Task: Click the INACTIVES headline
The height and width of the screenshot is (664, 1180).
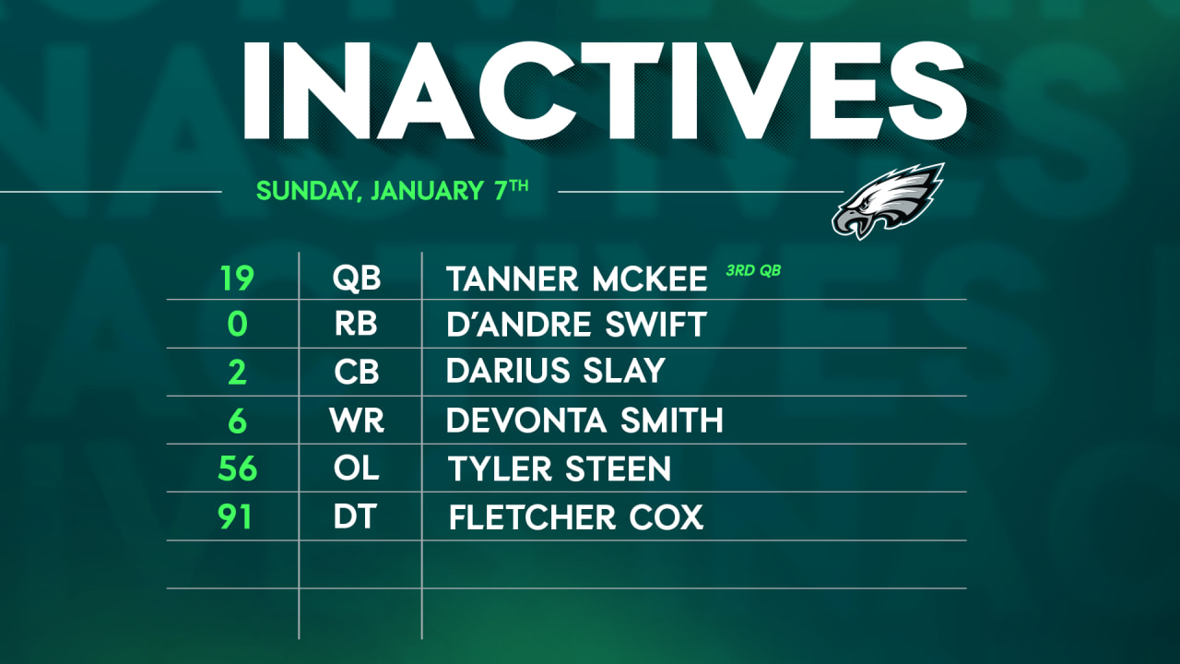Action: pyautogui.click(x=604, y=87)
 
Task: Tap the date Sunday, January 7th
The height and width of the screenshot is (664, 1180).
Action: pyautogui.click(x=392, y=191)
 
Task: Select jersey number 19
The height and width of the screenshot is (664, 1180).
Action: pyautogui.click(x=237, y=278)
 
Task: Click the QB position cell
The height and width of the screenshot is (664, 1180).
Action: pyautogui.click(x=357, y=278)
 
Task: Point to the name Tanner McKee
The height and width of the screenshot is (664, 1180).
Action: pyautogui.click(x=576, y=278)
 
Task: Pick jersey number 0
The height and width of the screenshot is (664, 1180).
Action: pyautogui.click(x=237, y=325)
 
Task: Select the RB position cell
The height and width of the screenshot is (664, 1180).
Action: pyautogui.click(x=357, y=325)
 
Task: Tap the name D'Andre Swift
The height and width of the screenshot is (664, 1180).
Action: pyautogui.click(x=576, y=325)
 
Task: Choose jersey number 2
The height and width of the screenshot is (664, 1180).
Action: pyautogui.click(x=237, y=373)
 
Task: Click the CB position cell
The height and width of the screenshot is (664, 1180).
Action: pyautogui.click(x=357, y=373)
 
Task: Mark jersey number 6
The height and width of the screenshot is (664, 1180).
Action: pyautogui.click(x=237, y=421)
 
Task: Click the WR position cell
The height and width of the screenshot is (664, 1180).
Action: pyautogui.click(x=357, y=421)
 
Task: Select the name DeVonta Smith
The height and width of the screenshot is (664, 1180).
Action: pyautogui.click(x=584, y=421)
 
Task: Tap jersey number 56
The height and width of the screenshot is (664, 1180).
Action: pyautogui.click(x=237, y=468)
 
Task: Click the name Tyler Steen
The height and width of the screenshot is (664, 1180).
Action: pyautogui.click(x=560, y=468)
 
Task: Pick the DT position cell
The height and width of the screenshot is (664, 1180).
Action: pyautogui.click(x=355, y=516)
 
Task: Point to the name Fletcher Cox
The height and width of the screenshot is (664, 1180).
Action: pyautogui.click(x=576, y=516)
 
